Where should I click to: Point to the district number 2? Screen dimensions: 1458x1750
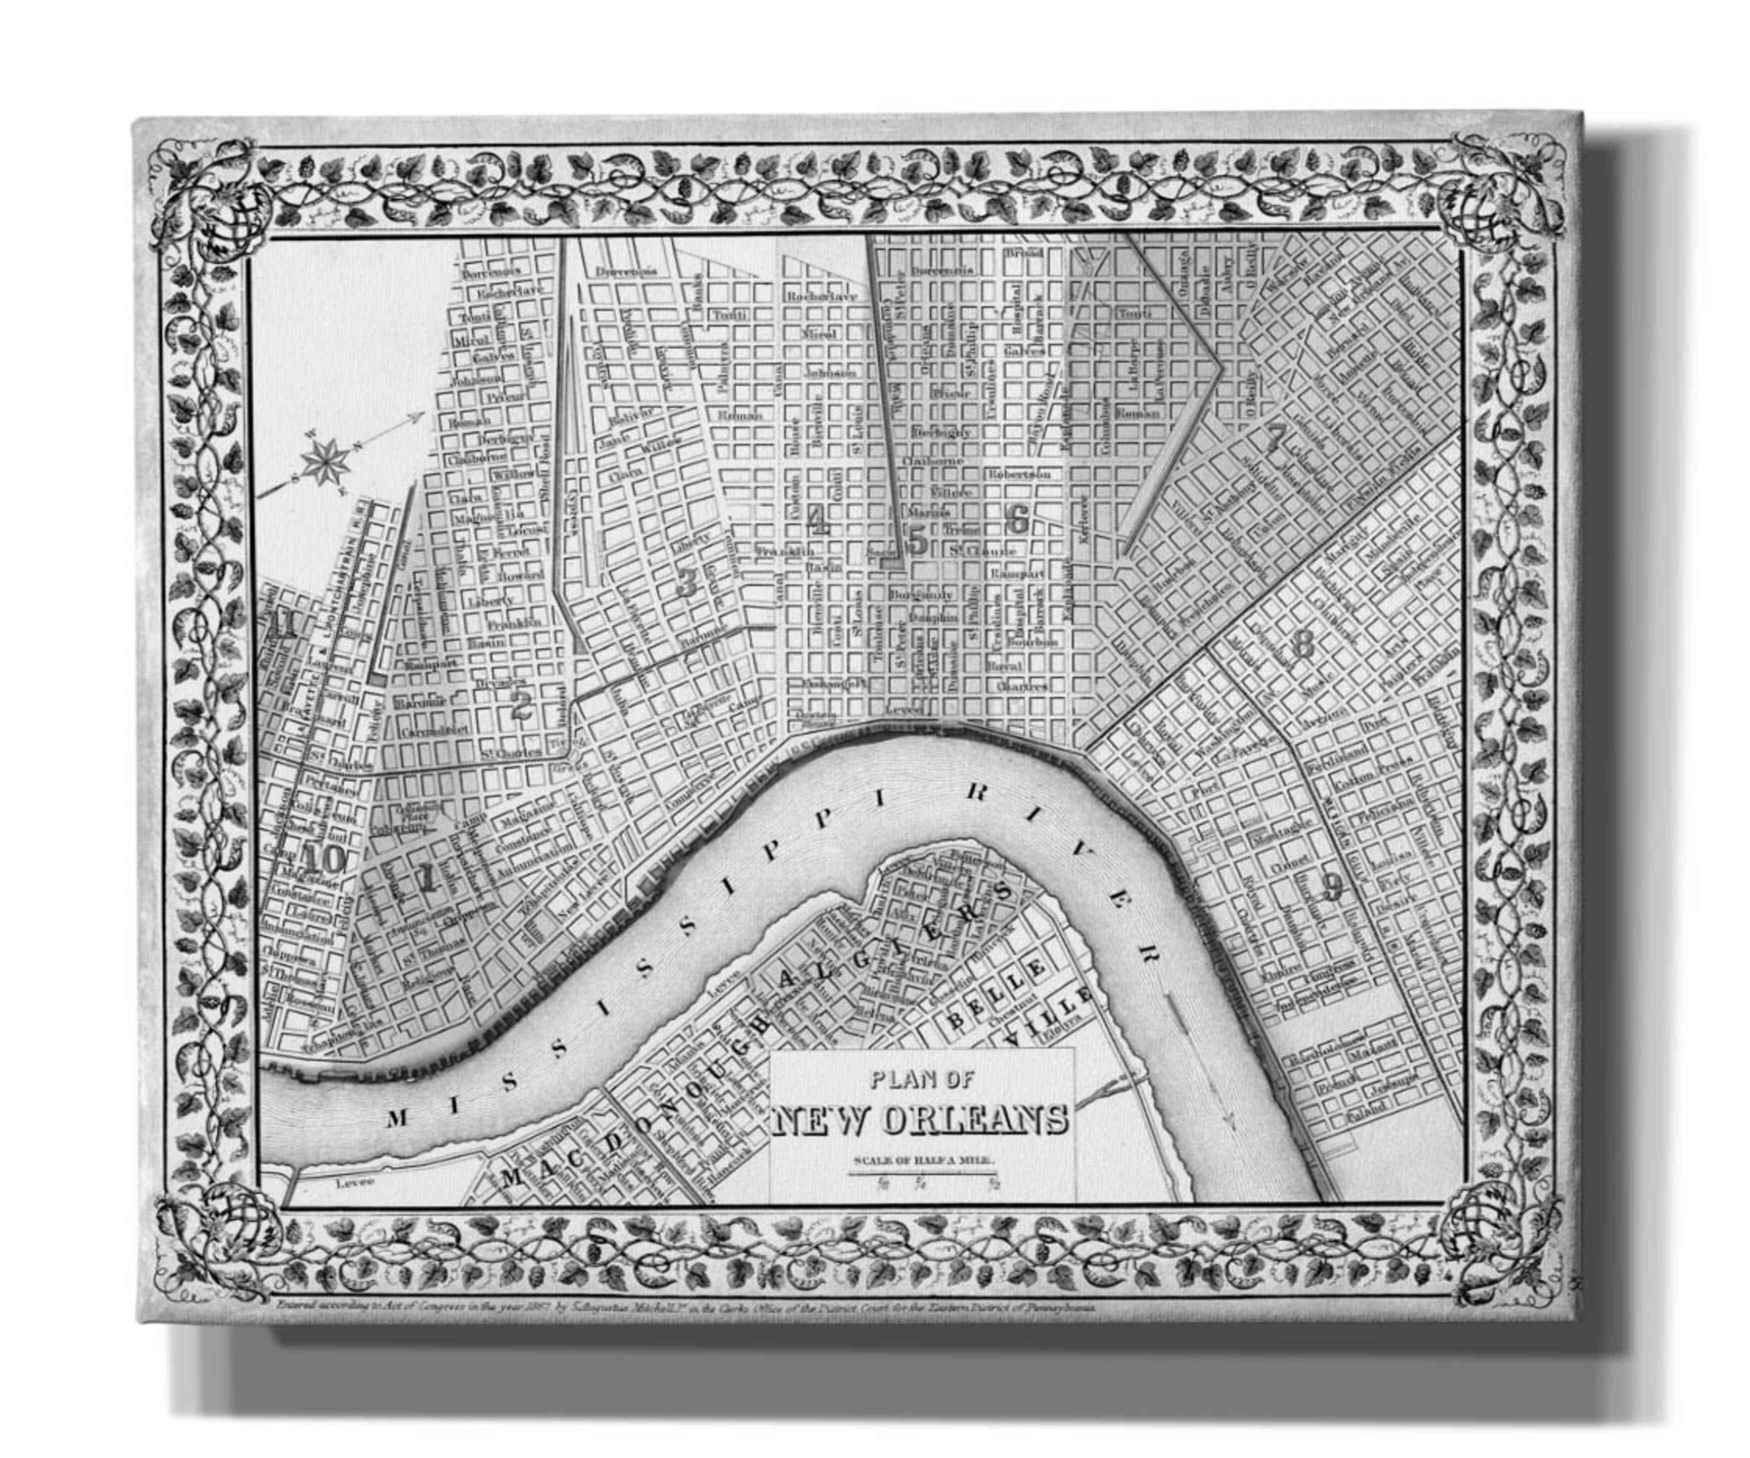(521, 707)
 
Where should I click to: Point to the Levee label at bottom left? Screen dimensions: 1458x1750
(356, 1181)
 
